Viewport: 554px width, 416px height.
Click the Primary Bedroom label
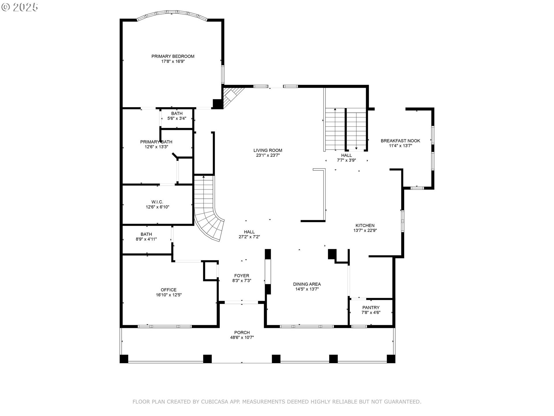pyautogui.click(x=173, y=56)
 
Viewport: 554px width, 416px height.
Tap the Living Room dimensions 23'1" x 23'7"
pyautogui.click(x=268, y=155)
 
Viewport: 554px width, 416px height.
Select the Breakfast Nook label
pyautogui.click(x=400, y=141)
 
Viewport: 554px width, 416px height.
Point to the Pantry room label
pyautogui.click(x=371, y=307)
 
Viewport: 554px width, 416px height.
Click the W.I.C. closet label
pyautogui.click(x=157, y=202)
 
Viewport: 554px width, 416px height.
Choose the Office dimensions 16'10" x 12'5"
pyautogui.click(x=169, y=295)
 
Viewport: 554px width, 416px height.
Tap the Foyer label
pyautogui.click(x=242, y=276)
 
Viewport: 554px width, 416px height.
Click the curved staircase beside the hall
pyautogui.click(x=208, y=214)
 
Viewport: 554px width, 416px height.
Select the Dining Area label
pyautogui.click(x=307, y=284)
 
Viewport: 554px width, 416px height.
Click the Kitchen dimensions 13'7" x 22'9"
pyautogui.click(x=365, y=231)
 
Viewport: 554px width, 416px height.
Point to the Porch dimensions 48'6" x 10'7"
pyautogui.click(x=242, y=337)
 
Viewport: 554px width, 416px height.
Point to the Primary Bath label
pyautogui.click(x=156, y=142)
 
